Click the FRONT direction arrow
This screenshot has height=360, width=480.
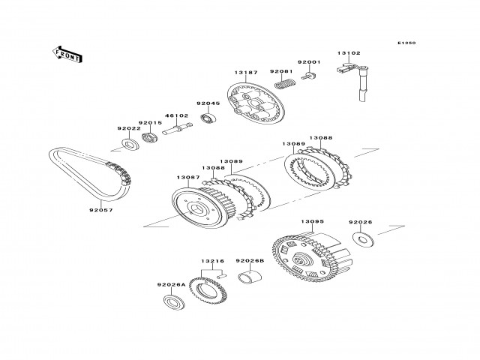(67, 53)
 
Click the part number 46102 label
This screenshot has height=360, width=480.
(177, 116)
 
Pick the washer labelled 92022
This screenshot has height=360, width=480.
(130, 143)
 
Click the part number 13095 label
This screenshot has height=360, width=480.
(312, 222)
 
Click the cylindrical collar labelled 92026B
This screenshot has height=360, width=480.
(249, 282)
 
